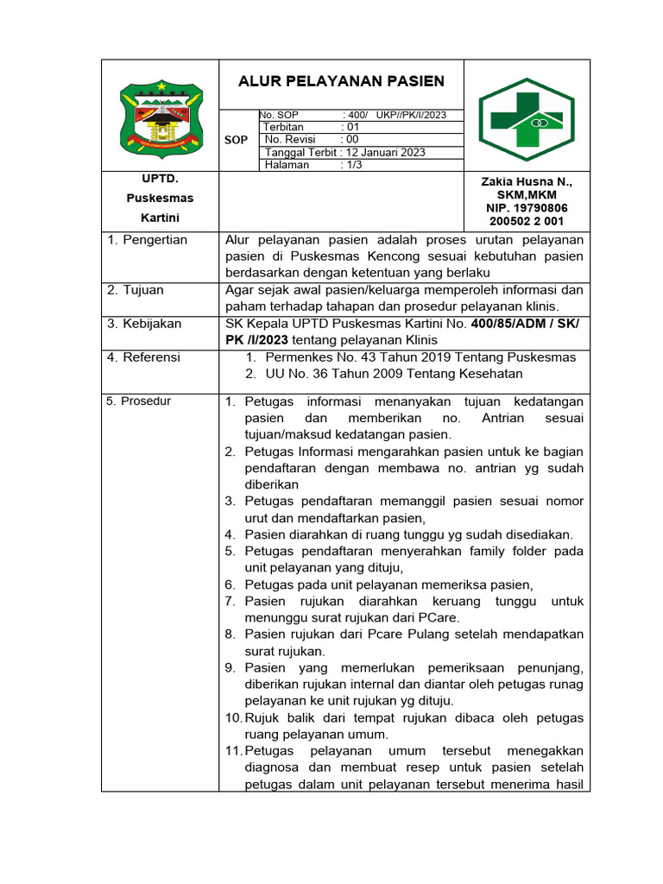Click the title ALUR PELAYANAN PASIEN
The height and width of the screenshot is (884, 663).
click(341, 81)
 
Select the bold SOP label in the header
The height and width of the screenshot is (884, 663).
click(236, 140)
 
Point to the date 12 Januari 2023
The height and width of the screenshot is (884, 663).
click(386, 152)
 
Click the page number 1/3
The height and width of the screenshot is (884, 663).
click(353, 165)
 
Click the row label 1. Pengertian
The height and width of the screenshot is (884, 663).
click(147, 240)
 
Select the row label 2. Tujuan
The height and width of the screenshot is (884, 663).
click(136, 290)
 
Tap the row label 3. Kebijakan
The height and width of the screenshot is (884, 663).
click(144, 324)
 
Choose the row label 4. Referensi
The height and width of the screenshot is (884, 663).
click(143, 357)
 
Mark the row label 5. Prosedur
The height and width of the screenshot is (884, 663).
click(139, 401)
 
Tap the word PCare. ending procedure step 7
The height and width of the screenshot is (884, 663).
click(440, 617)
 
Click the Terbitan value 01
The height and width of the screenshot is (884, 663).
click(352, 127)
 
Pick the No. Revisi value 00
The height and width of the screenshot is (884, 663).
click(351, 139)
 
